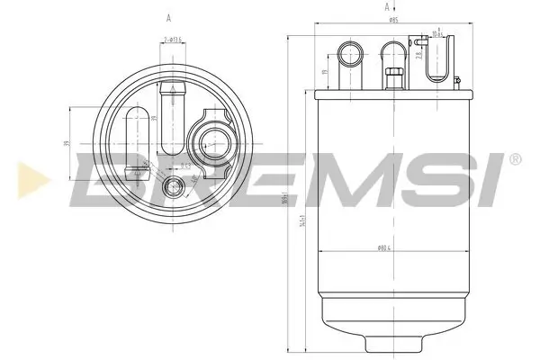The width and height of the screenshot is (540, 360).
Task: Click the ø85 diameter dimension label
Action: tap(393, 20)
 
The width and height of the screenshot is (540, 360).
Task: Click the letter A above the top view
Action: tap(169, 17)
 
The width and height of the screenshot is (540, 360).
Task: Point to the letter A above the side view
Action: tap(373, 7)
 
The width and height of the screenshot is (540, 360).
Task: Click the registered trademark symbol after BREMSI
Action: tap(514, 159)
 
